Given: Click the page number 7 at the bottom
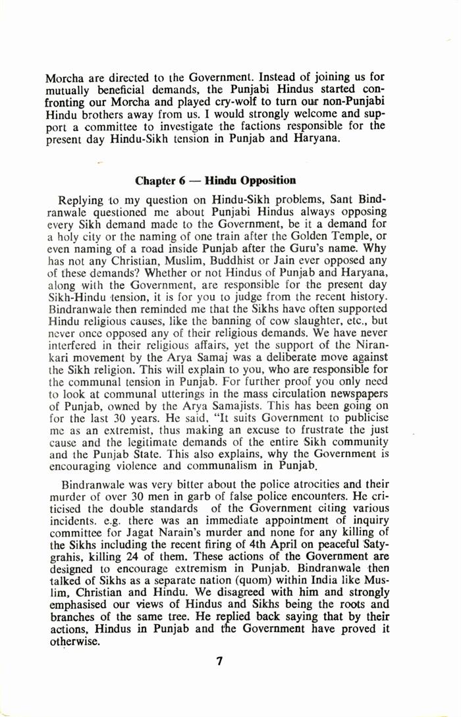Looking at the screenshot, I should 219,662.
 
